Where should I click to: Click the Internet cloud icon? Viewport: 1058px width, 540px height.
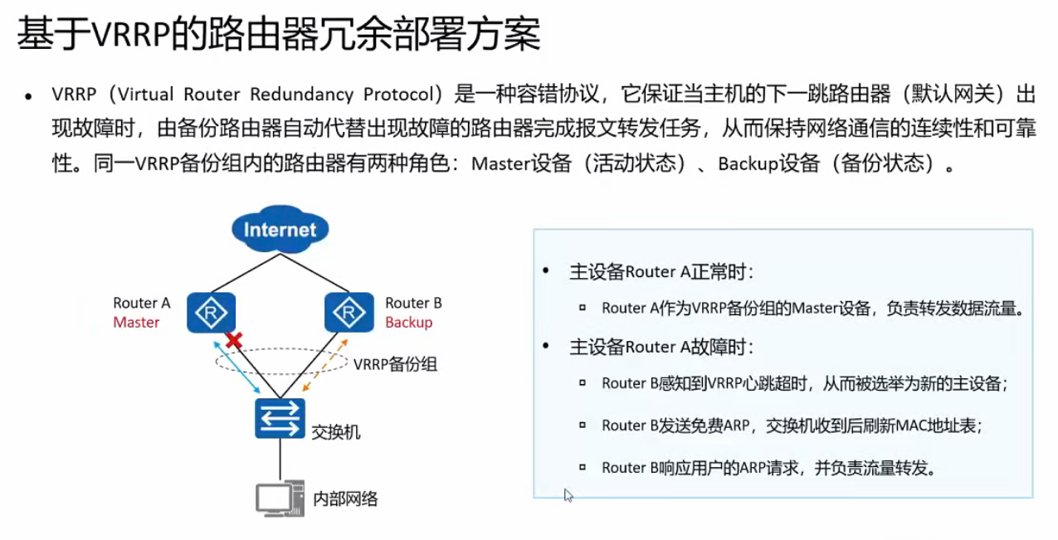(x=280, y=229)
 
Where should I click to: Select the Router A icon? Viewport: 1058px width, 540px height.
(x=211, y=312)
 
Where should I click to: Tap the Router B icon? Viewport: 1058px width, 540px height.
(x=346, y=312)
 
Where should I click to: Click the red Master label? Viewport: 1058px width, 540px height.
(x=136, y=322)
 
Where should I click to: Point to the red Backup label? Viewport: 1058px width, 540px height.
(x=408, y=322)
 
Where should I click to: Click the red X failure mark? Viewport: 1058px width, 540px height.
(x=235, y=339)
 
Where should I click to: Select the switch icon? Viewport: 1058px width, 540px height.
(x=280, y=419)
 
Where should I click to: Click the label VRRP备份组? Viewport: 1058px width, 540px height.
(x=395, y=363)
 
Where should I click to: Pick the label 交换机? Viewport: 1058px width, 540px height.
(x=335, y=432)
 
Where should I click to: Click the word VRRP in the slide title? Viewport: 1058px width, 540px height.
(x=126, y=35)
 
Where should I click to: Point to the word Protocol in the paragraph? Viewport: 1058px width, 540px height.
(x=393, y=94)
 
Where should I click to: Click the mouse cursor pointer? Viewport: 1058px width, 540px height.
(x=568, y=494)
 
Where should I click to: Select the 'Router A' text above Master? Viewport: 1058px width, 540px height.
(x=141, y=303)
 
